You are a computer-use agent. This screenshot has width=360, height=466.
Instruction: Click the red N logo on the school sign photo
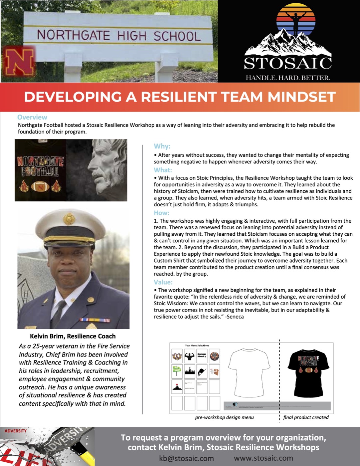point(19,63)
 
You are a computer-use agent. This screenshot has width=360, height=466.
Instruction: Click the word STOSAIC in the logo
point(288,63)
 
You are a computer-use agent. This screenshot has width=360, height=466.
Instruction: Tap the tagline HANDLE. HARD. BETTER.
point(288,78)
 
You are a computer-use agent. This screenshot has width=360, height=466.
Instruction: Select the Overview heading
point(32,117)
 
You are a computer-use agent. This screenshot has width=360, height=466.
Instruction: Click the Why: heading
point(162,146)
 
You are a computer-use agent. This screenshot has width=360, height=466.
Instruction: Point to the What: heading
point(163,170)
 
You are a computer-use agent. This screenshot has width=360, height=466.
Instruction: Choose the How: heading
point(161,213)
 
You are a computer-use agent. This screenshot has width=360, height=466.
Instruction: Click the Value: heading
point(163,282)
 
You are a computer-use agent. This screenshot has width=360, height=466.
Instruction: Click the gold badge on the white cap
point(69,219)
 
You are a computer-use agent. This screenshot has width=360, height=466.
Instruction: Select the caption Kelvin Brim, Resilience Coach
point(73,336)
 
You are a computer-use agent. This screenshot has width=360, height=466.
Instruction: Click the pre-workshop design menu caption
point(224,417)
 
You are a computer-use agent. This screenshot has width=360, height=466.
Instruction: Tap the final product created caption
point(306,417)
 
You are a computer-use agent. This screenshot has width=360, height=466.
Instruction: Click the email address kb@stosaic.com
point(186,458)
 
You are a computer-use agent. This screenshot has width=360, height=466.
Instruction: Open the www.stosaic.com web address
point(263,458)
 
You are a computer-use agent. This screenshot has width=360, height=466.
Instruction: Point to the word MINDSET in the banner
point(301,97)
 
